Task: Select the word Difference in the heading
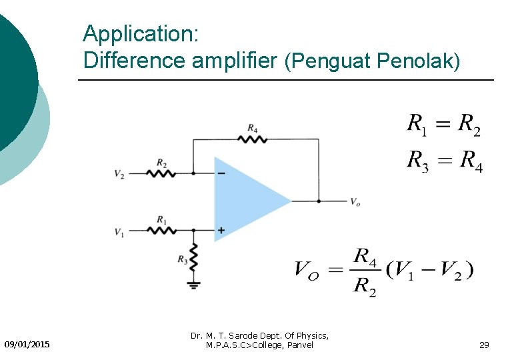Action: (x=135, y=61)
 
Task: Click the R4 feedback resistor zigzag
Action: (x=253, y=139)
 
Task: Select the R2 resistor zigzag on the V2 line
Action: (x=162, y=173)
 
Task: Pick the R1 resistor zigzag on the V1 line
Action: (x=162, y=230)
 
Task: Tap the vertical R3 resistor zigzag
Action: (x=193, y=256)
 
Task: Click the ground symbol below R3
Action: (x=193, y=285)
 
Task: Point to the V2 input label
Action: (x=119, y=175)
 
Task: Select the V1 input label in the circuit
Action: (x=119, y=232)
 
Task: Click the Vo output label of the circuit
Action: (x=356, y=202)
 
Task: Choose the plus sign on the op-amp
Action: (x=221, y=231)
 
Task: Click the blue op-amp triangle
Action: (x=247, y=200)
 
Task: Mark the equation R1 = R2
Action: (x=444, y=125)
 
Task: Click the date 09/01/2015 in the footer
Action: (x=27, y=345)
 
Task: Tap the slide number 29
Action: (x=485, y=345)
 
